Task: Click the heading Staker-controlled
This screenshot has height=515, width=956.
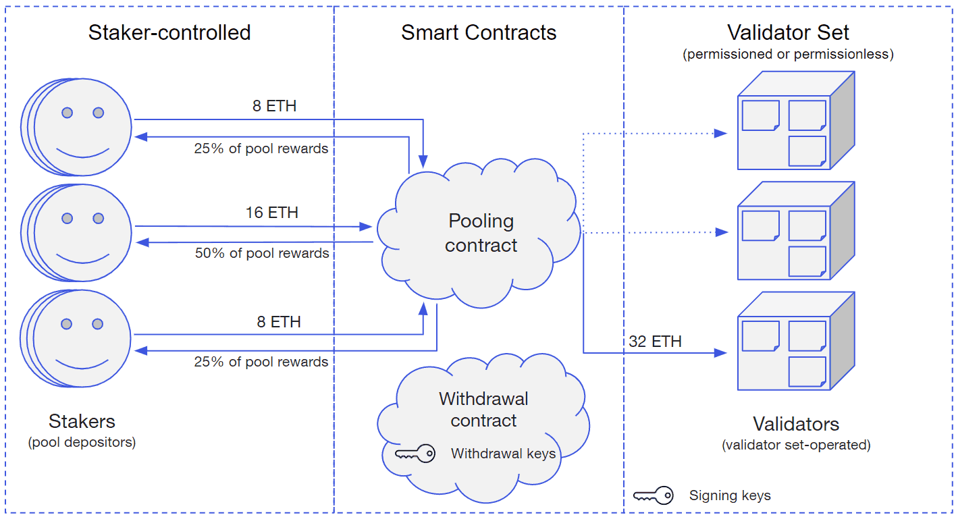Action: point(169,32)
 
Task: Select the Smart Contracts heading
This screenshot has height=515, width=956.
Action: point(479,32)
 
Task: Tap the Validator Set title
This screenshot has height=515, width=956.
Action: point(788,32)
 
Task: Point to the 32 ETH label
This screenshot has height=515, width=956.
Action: point(655,342)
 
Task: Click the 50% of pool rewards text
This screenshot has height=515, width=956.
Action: point(262,254)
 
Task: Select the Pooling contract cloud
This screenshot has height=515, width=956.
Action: point(481,234)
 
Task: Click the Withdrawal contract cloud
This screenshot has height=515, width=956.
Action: point(483,418)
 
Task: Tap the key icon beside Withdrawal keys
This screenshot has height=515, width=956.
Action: point(415,454)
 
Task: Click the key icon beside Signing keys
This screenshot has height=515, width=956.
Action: point(654,496)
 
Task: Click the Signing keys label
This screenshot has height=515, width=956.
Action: point(730,496)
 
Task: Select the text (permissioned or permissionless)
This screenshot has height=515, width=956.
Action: point(788,55)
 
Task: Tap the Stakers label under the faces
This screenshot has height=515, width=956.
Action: point(82,422)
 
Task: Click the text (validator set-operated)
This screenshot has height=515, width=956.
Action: point(796,445)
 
